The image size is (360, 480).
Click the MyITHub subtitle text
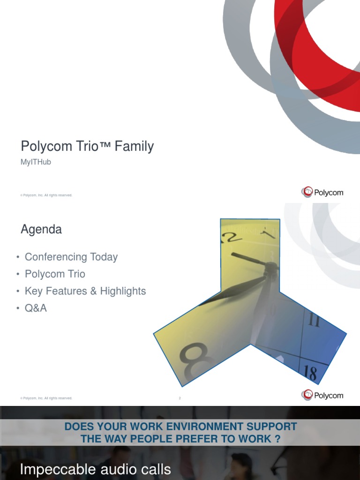click(x=36, y=162)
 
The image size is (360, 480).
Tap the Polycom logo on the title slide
click(x=322, y=192)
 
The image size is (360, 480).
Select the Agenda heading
click(x=41, y=230)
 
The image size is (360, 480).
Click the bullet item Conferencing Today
click(x=71, y=257)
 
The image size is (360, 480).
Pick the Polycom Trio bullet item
click(x=55, y=274)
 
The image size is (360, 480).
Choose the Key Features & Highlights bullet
click(x=85, y=291)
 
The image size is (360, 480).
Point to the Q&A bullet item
click(x=36, y=308)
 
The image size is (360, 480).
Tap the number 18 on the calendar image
click(x=310, y=373)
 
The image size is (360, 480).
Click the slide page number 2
click(x=180, y=398)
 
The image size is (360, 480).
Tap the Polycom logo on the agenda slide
click(x=322, y=396)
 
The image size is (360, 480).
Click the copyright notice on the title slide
click(x=46, y=195)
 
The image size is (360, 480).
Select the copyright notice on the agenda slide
click(x=46, y=398)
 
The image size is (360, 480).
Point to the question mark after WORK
click(x=278, y=439)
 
